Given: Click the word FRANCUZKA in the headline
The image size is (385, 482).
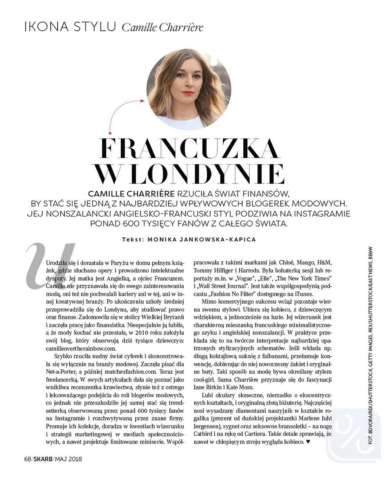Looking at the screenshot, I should point(190,148).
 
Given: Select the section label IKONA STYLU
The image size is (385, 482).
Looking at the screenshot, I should point(70,27).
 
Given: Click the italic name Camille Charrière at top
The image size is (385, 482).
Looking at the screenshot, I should point(162,27).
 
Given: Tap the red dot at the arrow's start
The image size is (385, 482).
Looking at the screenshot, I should point(110,132).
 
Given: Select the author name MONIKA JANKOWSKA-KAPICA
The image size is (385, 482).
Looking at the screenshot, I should point(201,240).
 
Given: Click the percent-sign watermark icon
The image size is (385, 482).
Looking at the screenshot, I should point(353,434).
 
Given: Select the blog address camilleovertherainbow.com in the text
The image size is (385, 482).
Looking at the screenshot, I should point(81,349).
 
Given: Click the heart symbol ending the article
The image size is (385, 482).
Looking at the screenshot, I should point(307,442).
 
